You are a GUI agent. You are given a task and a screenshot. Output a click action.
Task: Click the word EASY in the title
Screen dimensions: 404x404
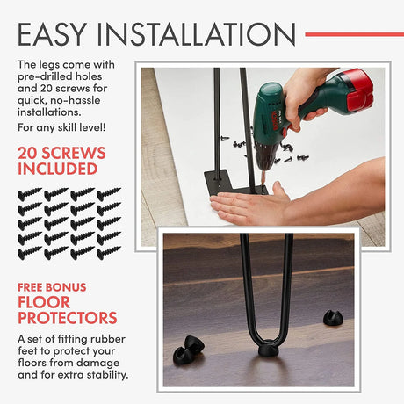tap(52, 34)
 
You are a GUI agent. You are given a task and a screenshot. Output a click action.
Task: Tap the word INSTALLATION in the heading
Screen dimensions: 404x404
tap(196, 34)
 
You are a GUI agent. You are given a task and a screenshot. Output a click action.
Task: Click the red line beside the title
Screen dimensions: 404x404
tap(355, 34)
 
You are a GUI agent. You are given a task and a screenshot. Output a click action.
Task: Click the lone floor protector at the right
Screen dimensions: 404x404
tap(333, 318)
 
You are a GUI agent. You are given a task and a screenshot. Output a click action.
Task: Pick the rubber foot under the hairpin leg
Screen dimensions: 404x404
tap(270, 348)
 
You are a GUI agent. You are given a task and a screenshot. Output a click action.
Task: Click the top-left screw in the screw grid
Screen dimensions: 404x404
tap(30, 194)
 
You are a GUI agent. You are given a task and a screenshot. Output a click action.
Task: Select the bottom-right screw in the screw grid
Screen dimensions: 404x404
tap(109, 253)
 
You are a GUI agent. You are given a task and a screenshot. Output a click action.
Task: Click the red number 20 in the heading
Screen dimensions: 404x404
tap(28, 153)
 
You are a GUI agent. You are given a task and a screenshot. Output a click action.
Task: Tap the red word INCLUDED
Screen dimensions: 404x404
tap(58, 169)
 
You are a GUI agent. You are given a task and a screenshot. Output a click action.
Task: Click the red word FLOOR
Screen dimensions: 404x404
tap(44, 302)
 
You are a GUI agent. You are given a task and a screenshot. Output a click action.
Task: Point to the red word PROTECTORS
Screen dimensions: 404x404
tap(68, 318)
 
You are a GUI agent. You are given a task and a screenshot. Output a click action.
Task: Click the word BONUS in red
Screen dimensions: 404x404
tap(69, 287)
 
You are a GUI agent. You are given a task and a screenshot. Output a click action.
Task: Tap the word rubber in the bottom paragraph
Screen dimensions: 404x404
tap(108, 339)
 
